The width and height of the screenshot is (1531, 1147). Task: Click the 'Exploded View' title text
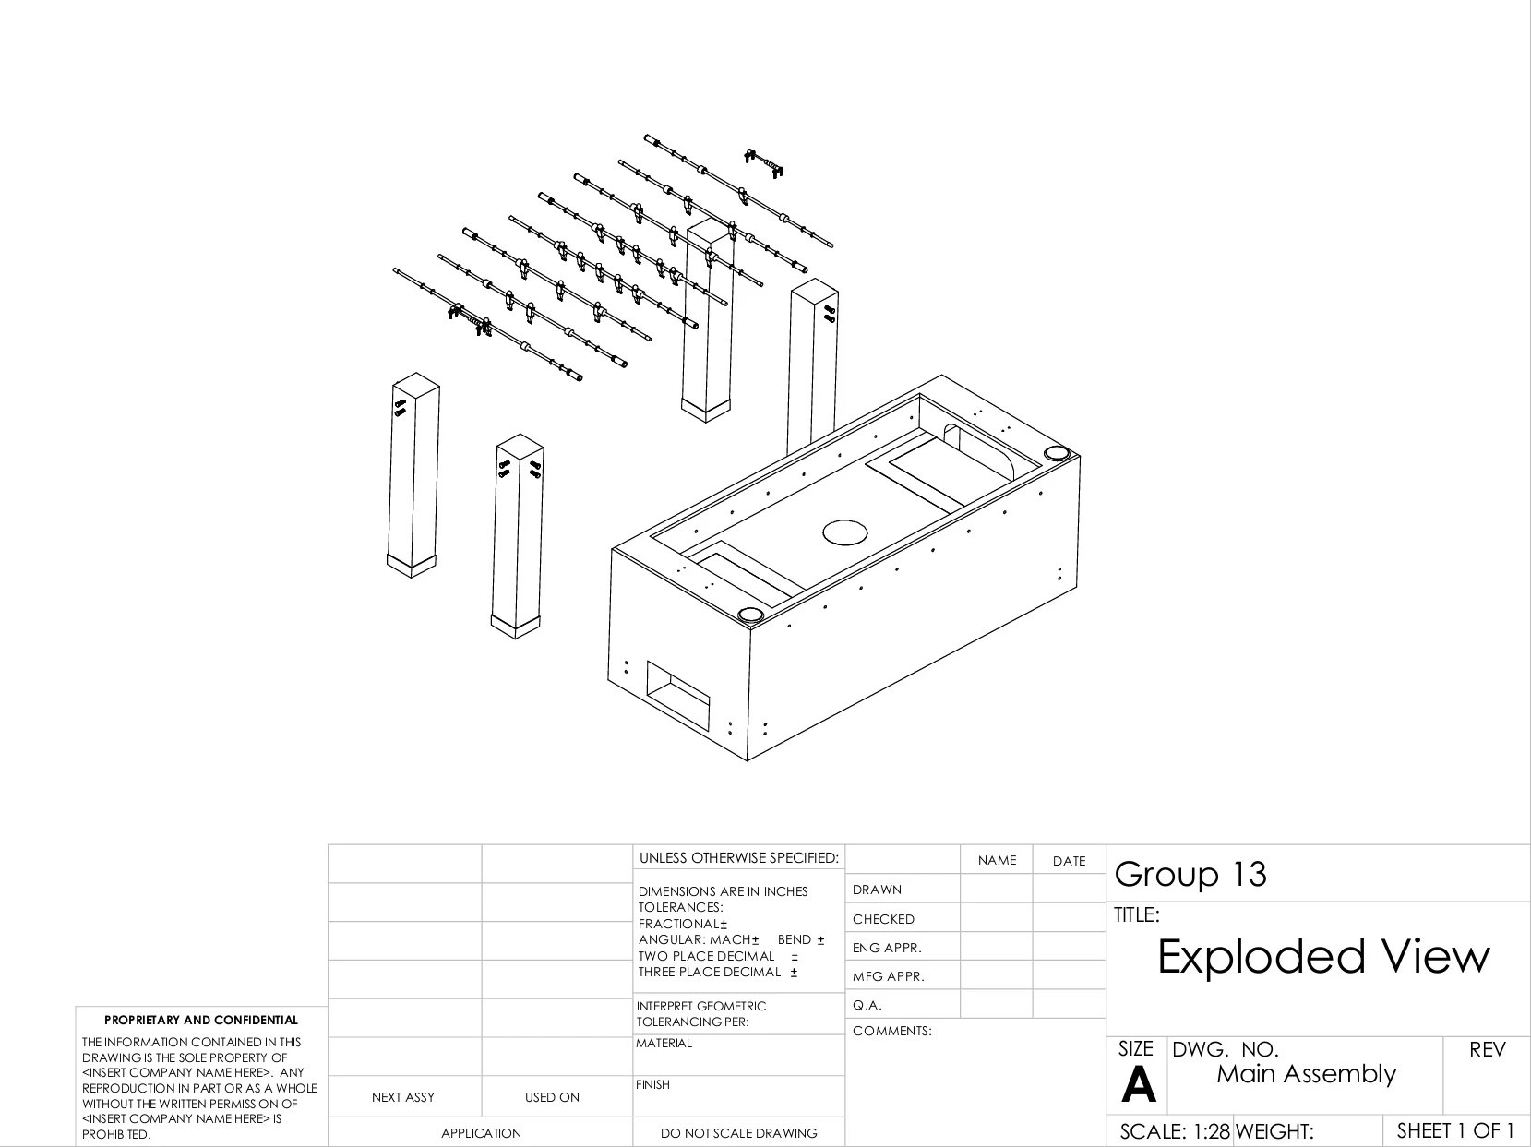click(x=1322, y=956)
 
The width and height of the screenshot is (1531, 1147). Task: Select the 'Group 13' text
click(x=1190, y=874)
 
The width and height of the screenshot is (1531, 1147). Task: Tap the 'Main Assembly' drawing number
click(x=1306, y=1074)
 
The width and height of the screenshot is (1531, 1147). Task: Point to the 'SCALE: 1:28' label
click(x=1174, y=1131)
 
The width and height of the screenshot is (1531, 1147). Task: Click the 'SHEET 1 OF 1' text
click(x=1455, y=1130)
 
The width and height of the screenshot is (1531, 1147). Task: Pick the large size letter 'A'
click(x=1138, y=1085)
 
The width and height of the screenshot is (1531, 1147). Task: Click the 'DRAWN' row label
click(x=877, y=890)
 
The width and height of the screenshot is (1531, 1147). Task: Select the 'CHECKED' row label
click(x=883, y=919)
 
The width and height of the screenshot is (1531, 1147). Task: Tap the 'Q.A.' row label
click(x=868, y=1005)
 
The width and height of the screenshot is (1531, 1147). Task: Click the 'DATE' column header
click(x=1069, y=861)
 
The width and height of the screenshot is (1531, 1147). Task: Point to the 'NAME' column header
click(x=997, y=860)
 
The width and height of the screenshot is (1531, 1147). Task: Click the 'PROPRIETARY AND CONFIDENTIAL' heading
click(x=201, y=1021)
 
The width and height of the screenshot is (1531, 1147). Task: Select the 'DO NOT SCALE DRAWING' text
click(x=738, y=1133)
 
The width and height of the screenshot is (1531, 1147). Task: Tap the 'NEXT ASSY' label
click(x=402, y=1097)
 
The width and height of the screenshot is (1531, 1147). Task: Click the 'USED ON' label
click(x=552, y=1097)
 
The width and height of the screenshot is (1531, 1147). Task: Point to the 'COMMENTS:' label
click(x=891, y=1031)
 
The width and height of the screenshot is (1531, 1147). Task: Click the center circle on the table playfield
click(x=844, y=532)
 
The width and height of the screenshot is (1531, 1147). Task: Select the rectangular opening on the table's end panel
click(x=678, y=698)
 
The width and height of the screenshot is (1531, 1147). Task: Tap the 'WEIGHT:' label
click(x=1274, y=1131)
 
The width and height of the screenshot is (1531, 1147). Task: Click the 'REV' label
click(x=1486, y=1050)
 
